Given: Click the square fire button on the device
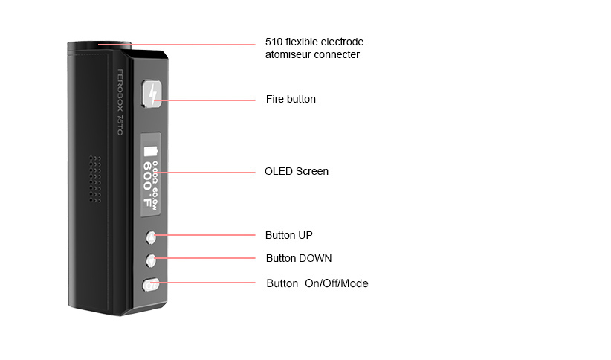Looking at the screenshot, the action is [x=152, y=94].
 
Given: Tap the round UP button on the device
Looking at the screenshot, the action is [x=151, y=237].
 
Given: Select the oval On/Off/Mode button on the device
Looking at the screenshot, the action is [x=151, y=285].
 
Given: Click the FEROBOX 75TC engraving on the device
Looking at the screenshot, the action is [x=120, y=102].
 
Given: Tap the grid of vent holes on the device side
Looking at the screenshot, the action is [x=95, y=179].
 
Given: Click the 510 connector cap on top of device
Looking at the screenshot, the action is [x=100, y=45].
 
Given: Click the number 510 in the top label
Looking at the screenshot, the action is [x=274, y=42].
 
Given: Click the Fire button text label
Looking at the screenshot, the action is [x=291, y=99].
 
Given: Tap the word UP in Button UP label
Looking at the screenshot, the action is [x=305, y=235].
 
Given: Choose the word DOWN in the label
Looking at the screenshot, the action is [x=315, y=258].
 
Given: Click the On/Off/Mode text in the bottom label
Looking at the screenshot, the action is [x=336, y=283].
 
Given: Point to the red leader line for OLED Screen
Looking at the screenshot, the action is [x=206, y=172].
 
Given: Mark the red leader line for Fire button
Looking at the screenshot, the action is [x=205, y=100].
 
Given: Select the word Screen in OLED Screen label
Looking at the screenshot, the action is [x=312, y=171].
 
